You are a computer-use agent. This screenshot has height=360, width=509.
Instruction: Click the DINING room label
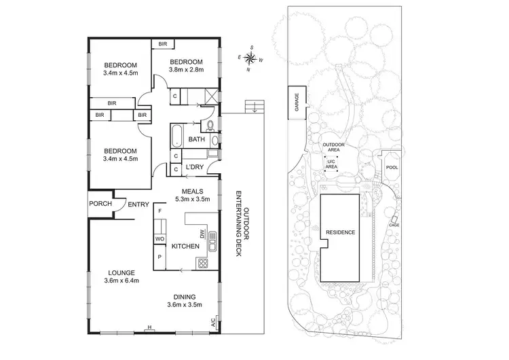coord(184,297)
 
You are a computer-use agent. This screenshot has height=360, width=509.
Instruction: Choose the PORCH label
coord(99,204)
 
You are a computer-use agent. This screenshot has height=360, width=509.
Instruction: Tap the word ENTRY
coord(138,204)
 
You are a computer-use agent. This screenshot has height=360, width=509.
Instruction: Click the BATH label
coord(197,140)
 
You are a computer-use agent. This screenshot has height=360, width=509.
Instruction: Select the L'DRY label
coord(196,167)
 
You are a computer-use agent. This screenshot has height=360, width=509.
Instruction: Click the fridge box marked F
coord(160,211)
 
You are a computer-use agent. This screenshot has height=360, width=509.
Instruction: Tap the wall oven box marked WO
coord(160,239)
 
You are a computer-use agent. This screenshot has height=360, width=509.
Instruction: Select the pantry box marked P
coord(160,257)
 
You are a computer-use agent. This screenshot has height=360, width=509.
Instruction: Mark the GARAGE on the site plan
coord(297,103)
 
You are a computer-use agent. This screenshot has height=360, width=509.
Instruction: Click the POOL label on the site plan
coord(391,167)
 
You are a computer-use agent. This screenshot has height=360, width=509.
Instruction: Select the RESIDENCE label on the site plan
coord(341,232)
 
